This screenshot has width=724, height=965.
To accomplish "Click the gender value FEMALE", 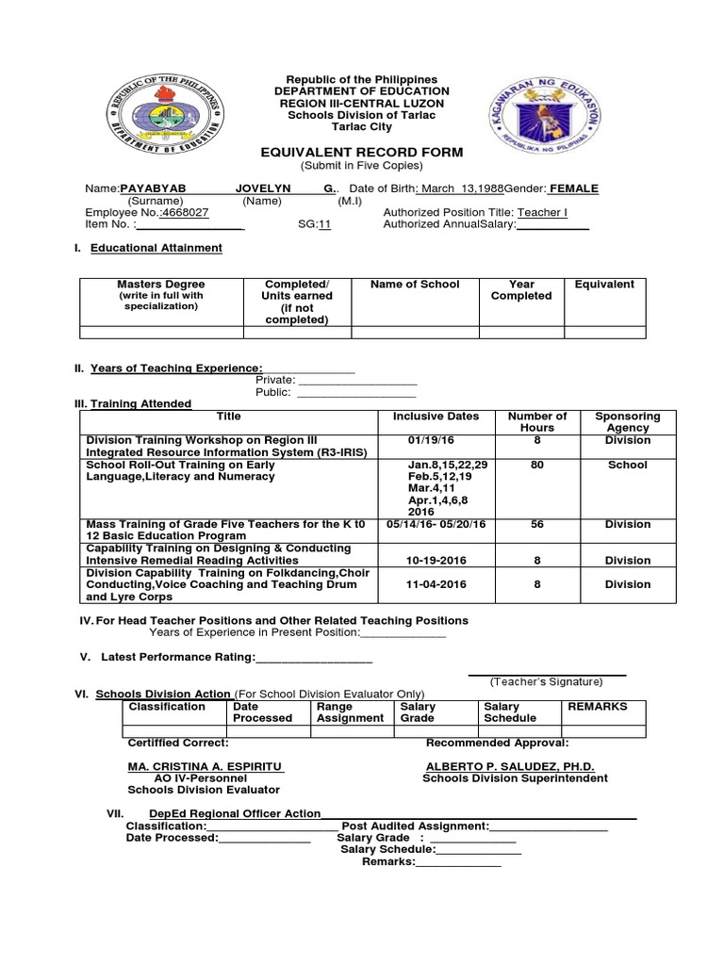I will click(573, 188).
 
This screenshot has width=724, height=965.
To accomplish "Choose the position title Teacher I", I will click(541, 212).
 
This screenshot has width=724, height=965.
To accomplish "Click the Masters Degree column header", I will click(160, 284).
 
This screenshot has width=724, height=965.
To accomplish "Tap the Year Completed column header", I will click(521, 289).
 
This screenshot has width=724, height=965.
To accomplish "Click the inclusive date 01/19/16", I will click(431, 440).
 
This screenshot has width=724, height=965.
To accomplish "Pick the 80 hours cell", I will click(537, 465).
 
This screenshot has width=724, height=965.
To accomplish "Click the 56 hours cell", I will click(537, 524).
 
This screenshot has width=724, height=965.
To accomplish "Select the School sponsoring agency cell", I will click(628, 465).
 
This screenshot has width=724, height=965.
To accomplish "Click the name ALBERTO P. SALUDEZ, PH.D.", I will click(510, 767).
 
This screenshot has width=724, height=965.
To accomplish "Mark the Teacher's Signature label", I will click(546, 681).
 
